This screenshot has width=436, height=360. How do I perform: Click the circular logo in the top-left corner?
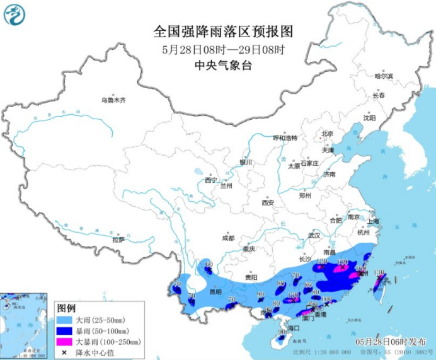(x=15, y=15)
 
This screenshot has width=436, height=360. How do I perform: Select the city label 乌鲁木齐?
(x=113, y=100)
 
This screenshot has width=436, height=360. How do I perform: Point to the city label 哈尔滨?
(x=383, y=76)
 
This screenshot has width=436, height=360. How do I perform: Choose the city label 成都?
(x=227, y=238)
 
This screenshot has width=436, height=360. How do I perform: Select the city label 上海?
(x=374, y=221)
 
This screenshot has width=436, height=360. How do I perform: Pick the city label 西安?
(x=268, y=202)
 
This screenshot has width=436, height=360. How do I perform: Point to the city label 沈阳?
(x=369, y=118)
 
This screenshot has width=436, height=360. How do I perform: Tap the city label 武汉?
(x=314, y=235)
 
